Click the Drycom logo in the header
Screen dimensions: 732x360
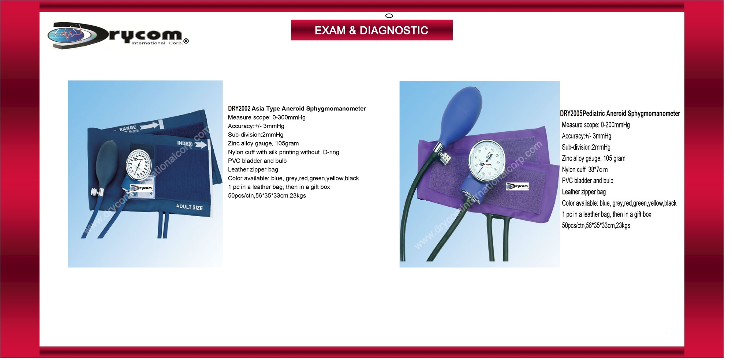pos(118,35)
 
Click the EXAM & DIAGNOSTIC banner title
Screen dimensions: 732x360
pos(371,30)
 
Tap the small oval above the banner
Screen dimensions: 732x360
pos(389,16)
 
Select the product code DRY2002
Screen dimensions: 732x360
pos(239,109)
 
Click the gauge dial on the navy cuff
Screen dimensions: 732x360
pos(138,165)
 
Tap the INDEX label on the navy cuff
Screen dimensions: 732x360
pos(184,143)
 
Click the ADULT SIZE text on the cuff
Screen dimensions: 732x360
pos(189,207)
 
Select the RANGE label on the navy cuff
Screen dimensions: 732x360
pos(128,128)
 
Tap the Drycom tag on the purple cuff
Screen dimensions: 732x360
pos(517,186)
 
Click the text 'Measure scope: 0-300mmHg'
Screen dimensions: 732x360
pos(266,117)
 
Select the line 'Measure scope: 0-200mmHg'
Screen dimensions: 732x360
pos(596,125)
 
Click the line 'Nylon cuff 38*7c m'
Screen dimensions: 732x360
pos(585,170)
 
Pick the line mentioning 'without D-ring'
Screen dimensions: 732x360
pos(284,152)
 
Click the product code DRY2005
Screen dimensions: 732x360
pos(571,114)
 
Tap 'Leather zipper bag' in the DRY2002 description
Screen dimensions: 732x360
pos(253,170)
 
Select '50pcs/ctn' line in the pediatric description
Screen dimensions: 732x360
pos(596,226)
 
